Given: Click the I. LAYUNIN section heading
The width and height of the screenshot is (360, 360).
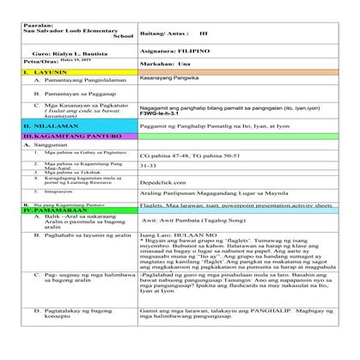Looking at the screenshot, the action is click(46, 75).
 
